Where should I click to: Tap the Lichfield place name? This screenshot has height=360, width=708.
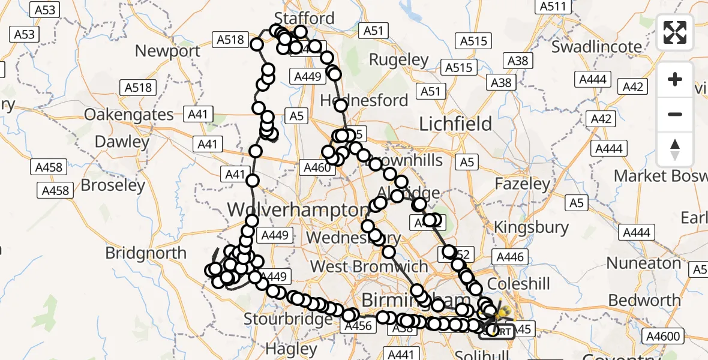455,124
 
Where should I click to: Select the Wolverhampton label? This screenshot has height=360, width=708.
298,211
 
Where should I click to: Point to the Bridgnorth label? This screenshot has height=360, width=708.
146,253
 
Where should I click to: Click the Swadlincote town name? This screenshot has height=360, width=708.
596,47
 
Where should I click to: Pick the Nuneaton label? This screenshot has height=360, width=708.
643,263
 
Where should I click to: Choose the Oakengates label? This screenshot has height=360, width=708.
129,115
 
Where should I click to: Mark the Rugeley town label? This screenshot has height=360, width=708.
398,60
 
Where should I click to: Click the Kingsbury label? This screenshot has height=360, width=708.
530,227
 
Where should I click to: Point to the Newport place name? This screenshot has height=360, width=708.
167,51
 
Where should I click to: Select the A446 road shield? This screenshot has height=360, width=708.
510,257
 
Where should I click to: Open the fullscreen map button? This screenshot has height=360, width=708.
675,32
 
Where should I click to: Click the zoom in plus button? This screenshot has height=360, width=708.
675,79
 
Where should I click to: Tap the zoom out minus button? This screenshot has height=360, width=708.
675,114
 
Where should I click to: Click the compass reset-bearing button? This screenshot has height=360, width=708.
675,149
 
